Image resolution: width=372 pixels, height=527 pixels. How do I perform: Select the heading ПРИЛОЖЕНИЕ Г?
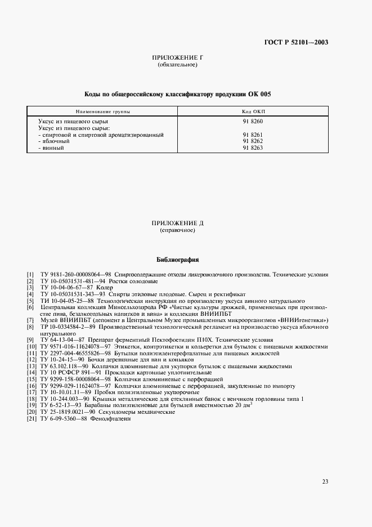coord(177,58)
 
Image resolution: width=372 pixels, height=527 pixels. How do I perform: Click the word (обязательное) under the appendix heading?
coord(177,65)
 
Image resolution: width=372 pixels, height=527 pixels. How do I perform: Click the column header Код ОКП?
coord(253,111)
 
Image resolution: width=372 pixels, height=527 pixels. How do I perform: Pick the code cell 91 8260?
coord(253,122)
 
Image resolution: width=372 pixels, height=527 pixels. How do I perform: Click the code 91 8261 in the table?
coord(253,135)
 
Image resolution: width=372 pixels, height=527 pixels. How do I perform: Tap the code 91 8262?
coord(253,141)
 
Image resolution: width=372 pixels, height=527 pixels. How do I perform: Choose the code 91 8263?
coord(253,148)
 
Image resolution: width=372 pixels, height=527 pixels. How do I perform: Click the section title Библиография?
coord(177,261)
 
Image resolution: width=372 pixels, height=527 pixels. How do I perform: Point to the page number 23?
coord(325,481)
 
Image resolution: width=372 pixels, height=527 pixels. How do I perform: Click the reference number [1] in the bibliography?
coord(30,274)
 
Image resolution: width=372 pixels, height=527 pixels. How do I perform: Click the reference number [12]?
coord(32,359)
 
